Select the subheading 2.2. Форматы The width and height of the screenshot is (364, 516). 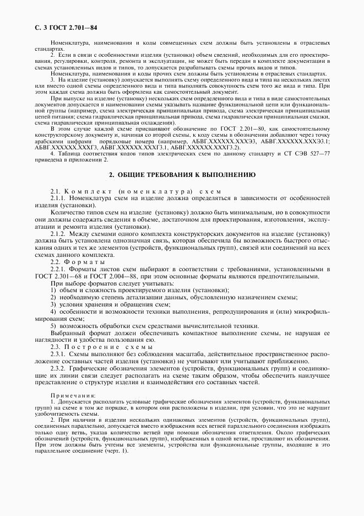(x=79, y=261)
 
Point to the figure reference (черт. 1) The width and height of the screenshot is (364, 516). (x=116, y=452)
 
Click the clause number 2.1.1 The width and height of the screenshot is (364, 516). (x=58, y=198)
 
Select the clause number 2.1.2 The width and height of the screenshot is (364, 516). (x=58, y=234)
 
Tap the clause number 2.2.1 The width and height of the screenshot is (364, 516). (x=58, y=269)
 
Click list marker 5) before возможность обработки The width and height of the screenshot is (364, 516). (x=53, y=325)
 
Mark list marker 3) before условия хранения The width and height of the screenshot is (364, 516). (x=53, y=304)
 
